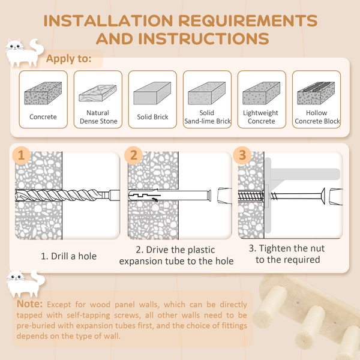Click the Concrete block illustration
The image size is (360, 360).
[x=43, y=93]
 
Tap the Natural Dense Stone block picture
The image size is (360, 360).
[x=98, y=93]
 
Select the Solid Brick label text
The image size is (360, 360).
[x=152, y=117]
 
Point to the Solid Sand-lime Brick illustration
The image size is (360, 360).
[x=206, y=93]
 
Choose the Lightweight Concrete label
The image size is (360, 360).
[x=261, y=117]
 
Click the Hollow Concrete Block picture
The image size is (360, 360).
[x=316, y=93]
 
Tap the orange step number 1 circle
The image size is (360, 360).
[x=21, y=155]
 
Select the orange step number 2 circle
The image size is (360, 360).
[x=133, y=155]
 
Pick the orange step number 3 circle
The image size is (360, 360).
[x=242, y=155]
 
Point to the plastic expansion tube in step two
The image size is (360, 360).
[x=169, y=196]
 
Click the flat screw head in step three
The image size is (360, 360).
[x=323, y=196]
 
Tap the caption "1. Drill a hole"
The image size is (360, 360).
[x=68, y=256]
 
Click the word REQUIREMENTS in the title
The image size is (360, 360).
[x=248, y=20]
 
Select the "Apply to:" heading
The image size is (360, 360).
[x=68, y=59]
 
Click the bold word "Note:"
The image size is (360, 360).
[x=29, y=304]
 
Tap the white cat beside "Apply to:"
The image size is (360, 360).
[x=25, y=53]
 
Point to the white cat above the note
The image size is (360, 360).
[x=25, y=284]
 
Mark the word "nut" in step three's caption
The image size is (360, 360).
[x=317, y=248]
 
